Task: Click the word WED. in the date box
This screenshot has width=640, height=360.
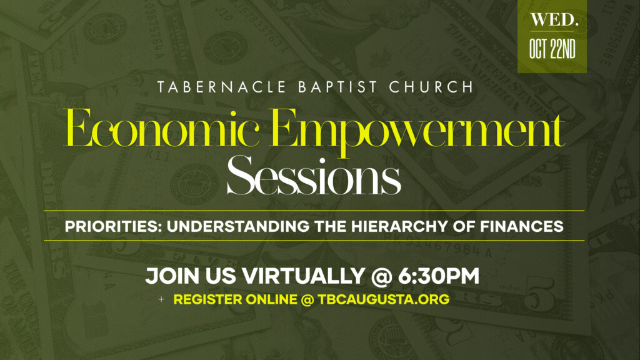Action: [554, 20]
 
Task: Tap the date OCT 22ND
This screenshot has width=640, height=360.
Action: [552, 49]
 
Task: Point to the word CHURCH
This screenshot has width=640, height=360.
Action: [431, 87]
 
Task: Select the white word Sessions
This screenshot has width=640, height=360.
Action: [314, 176]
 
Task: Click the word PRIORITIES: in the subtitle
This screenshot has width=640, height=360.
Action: [113, 226]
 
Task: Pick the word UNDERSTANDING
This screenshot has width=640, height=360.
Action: [238, 226]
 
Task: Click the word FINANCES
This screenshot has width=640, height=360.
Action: [522, 226]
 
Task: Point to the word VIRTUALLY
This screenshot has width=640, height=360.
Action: [303, 276]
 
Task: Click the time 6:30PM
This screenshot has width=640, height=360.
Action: [438, 276]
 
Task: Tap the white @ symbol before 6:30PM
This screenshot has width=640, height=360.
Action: [381, 276]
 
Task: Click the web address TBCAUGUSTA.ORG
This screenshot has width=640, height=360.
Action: [384, 299]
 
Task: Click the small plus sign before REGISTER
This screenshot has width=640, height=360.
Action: [162, 299]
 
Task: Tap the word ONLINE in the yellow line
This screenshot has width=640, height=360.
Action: [271, 299]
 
